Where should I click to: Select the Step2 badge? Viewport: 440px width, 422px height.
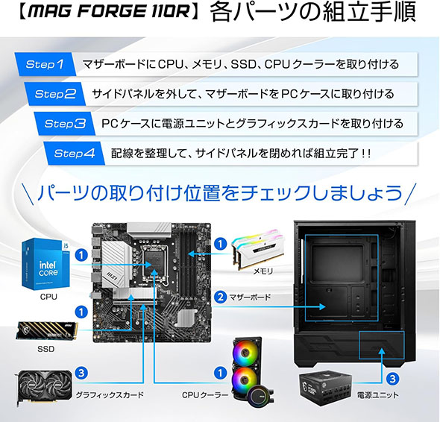click(55, 94)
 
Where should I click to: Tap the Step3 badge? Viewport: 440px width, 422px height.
click(65, 124)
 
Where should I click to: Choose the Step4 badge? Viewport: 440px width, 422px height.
click(75, 154)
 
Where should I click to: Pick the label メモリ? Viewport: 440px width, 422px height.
click(263, 273)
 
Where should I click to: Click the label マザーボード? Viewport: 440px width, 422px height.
click(250, 297)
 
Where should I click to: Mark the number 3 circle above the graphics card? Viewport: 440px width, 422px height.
click(83, 372)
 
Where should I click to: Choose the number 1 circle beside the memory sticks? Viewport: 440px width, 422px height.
click(220, 244)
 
